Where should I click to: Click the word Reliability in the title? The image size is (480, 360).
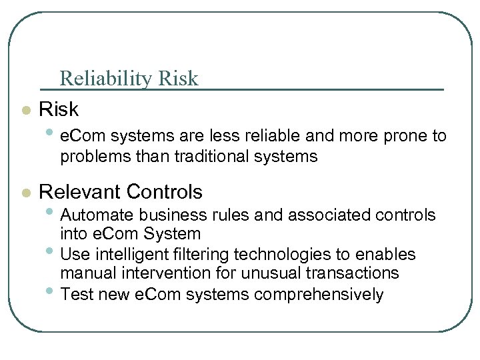point(107,79)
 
